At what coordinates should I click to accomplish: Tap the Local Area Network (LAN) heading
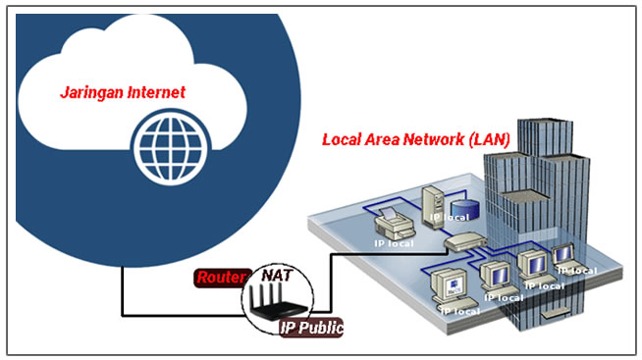point(416,139)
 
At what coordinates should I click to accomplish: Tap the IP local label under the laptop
point(576,271)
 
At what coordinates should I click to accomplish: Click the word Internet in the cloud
point(153,92)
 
